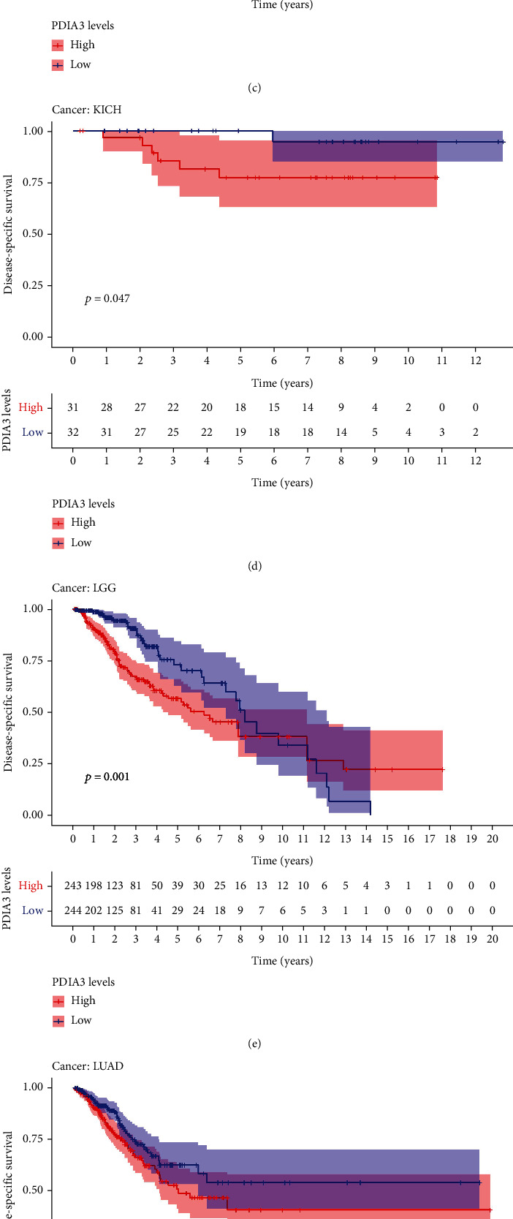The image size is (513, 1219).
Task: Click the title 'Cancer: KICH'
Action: tap(86, 110)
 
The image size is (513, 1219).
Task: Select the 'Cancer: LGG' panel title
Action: tap(83, 587)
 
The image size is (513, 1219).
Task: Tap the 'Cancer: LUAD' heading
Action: tap(87, 1065)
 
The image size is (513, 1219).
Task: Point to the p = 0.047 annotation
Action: tap(107, 298)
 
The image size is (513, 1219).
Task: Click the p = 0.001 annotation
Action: tap(107, 777)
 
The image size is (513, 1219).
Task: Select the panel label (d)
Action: tap(256, 565)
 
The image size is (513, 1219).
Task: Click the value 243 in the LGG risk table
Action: tap(74, 886)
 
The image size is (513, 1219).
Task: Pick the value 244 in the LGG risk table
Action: tap(74, 910)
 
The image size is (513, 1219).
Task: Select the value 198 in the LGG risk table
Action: tap(94, 886)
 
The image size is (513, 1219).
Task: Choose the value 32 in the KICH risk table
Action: tap(73, 432)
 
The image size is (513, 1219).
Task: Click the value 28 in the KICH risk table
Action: tap(107, 407)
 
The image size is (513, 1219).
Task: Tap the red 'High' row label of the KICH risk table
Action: tap(31, 407)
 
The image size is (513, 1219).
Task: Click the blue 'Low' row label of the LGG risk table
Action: tap(32, 910)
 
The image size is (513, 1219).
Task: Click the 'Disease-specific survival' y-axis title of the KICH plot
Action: tap(9, 234)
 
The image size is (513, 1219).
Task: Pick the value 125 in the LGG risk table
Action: tap(115, 910)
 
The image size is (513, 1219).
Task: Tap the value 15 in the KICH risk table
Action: tap(274, 407)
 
